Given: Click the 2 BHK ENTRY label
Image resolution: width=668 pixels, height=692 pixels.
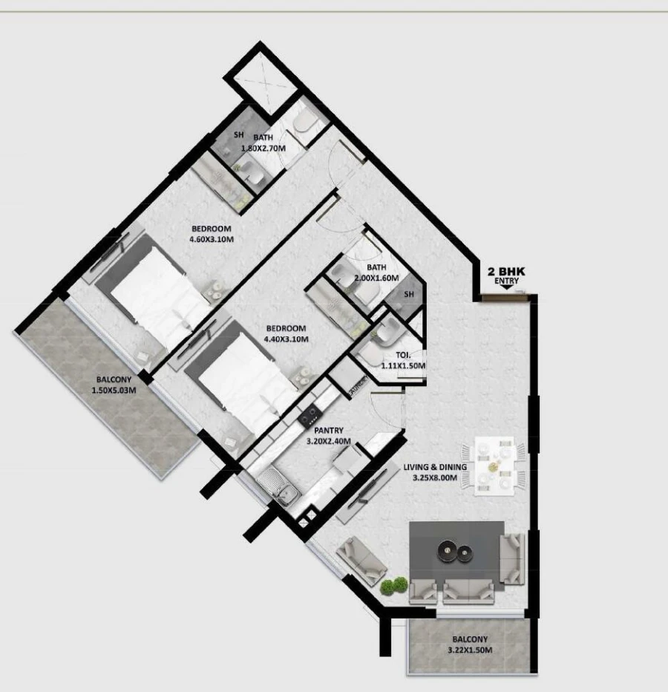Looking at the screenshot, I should pos(506,276).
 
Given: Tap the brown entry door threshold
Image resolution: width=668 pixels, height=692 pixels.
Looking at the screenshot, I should pos(505,298).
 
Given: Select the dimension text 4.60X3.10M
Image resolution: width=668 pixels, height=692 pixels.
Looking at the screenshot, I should pos(211,239).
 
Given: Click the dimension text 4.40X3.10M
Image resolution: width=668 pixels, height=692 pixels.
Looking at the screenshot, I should pos(285,339).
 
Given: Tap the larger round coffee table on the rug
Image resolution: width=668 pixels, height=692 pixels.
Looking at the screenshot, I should pos(449,549).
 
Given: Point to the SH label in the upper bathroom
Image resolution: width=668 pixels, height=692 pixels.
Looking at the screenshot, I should pos(238,135).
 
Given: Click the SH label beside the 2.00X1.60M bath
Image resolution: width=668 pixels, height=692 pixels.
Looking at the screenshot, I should pos(408,295).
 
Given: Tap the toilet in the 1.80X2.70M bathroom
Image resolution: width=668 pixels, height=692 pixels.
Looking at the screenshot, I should pos(304,125).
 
